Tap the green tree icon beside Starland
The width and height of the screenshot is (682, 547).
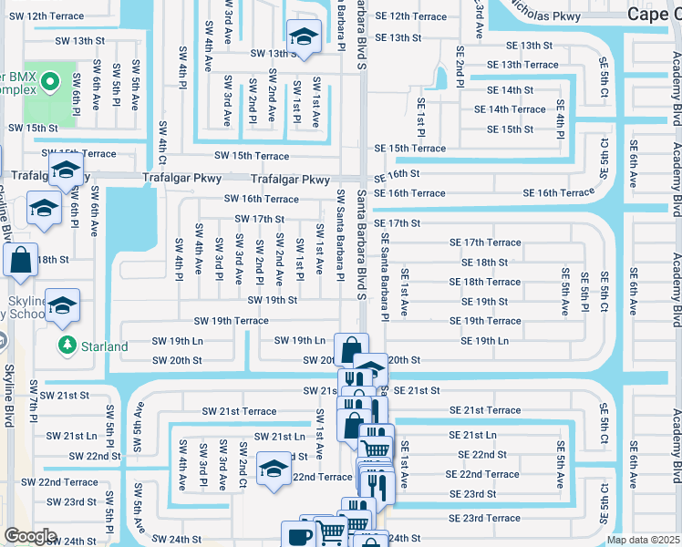[66, 346]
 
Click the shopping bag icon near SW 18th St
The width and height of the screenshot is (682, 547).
[20, 261]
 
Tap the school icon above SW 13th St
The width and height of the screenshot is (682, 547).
[302, 36]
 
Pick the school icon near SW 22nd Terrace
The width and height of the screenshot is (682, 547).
[272, 470]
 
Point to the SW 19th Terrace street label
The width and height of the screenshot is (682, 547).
[231, 321]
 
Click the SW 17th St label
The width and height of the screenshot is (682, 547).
[260, 219]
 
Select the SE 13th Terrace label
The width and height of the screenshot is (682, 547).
[522, 65]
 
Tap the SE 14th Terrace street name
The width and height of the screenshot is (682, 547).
[516, 109]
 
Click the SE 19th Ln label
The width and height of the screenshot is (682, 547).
[485, 340]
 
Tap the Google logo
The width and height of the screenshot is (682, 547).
[30, 536]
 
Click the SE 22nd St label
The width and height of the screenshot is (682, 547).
[482, 454]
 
